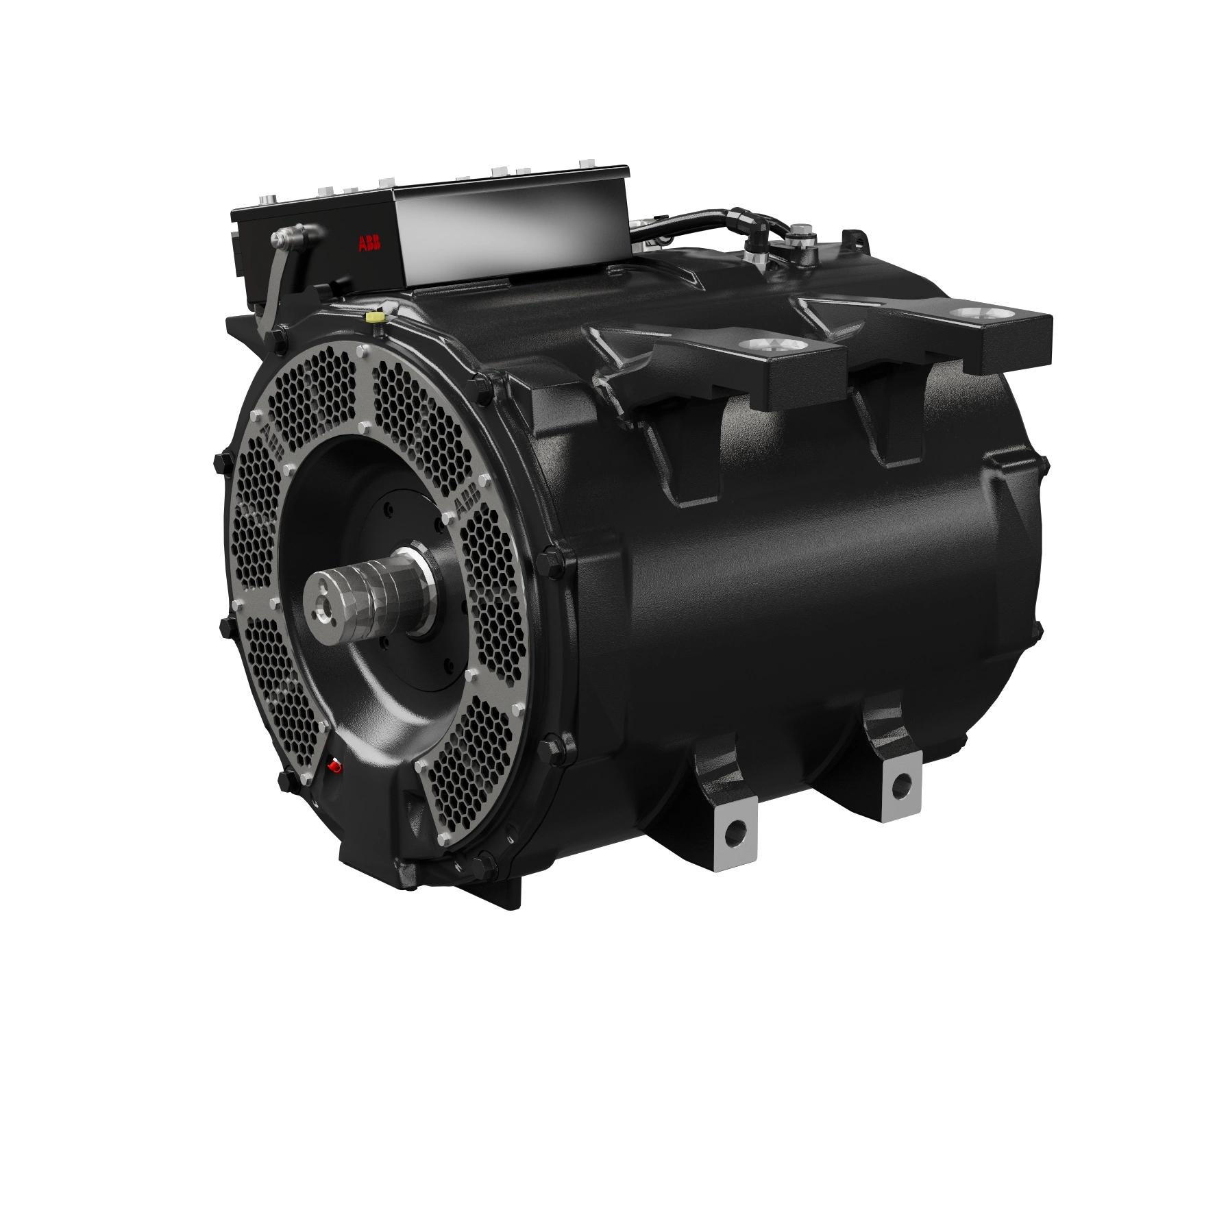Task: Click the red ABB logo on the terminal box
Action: [369, 243]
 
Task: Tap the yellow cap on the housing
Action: [374, 317]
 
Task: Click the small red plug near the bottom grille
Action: [334, 765]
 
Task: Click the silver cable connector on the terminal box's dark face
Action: [282, 238]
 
